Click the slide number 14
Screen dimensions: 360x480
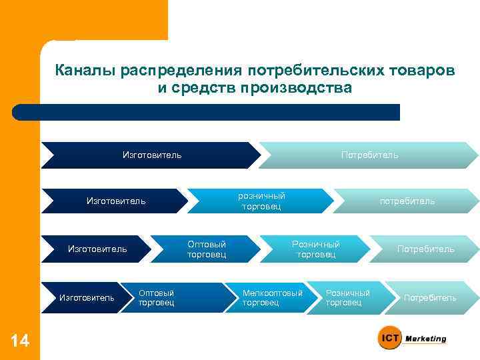(x=20, y=341)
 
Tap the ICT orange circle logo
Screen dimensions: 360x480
(x=390, y=339)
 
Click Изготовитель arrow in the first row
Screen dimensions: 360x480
(x=151, y=155)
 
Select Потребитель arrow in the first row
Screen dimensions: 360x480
(x=369, y=155)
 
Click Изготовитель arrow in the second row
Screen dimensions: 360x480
(x=116, y=201)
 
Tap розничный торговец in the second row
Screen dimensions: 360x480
(x=262, y=201)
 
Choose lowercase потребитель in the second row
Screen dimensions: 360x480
(x=407, y=201)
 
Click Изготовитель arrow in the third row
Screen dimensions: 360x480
(x=97, y=249)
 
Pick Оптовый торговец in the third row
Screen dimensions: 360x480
(x=207, y=249)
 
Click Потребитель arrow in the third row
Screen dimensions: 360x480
(x=425, y=249)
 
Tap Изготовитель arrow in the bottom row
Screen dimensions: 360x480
(x=87, y=297)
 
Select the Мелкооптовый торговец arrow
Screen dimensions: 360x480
(x=272, y=297)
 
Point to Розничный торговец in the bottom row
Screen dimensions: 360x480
(x=347, y=297)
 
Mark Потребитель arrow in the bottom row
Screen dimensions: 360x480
(x=430, y=297)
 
